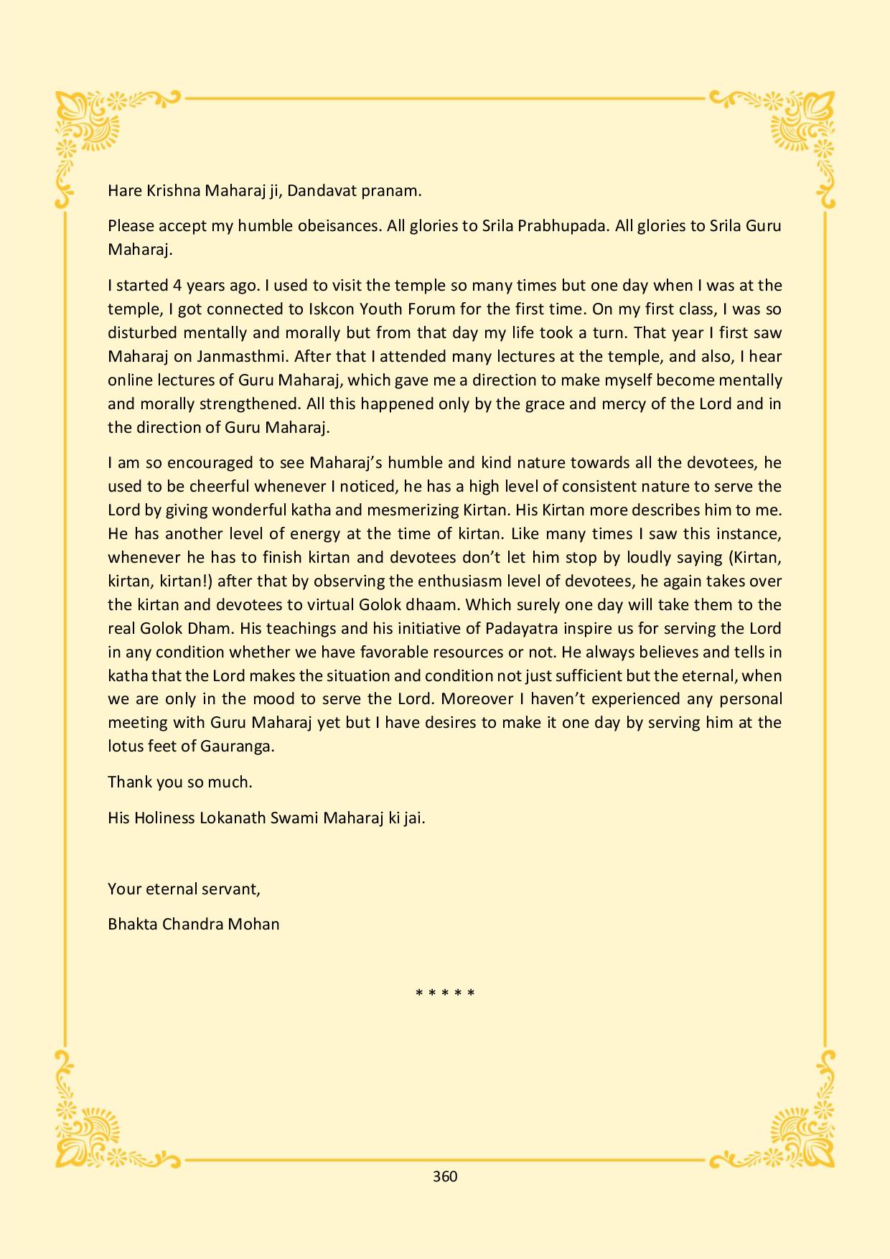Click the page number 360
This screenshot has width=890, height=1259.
click(445, 1176)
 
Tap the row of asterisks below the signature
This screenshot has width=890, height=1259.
click(445, 994)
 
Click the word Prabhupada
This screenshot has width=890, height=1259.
click(553, 226)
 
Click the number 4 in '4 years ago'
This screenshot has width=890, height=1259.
click(177, 286)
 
